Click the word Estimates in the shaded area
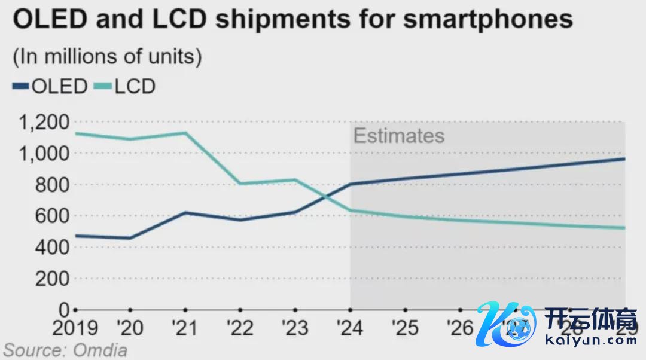[399, 136]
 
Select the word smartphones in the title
[487, 19]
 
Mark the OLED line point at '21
[185, 213]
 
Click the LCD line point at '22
[240, 184]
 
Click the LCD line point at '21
[185, 133]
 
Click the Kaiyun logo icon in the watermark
[505, 326]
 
